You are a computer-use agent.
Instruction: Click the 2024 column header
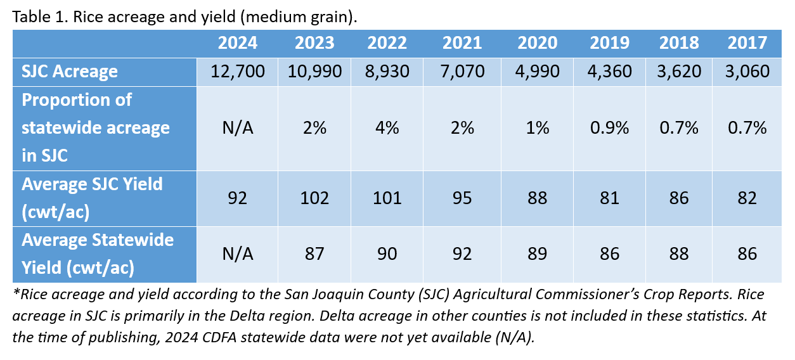point(238,43)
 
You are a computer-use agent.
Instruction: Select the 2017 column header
point(747,43)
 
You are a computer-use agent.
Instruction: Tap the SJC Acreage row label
point(70,71)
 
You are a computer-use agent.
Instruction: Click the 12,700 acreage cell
point(238,71)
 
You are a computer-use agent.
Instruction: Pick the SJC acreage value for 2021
point(462,71)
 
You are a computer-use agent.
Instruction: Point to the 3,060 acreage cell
point(747,71)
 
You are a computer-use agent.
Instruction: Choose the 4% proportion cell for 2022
point(387,127)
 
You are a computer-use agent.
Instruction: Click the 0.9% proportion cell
point(609,127)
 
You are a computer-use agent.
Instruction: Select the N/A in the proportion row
point(238,127)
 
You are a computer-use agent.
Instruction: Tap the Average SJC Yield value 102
point(314,198)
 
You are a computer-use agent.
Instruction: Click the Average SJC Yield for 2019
point(609,198)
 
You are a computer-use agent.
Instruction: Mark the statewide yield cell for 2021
point(462,254)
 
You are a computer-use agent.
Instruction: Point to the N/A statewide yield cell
point(238,254)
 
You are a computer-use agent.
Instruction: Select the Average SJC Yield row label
point(92,198)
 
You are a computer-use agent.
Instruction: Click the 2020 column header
point(537,43)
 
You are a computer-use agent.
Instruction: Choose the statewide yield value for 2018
point(678,254)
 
